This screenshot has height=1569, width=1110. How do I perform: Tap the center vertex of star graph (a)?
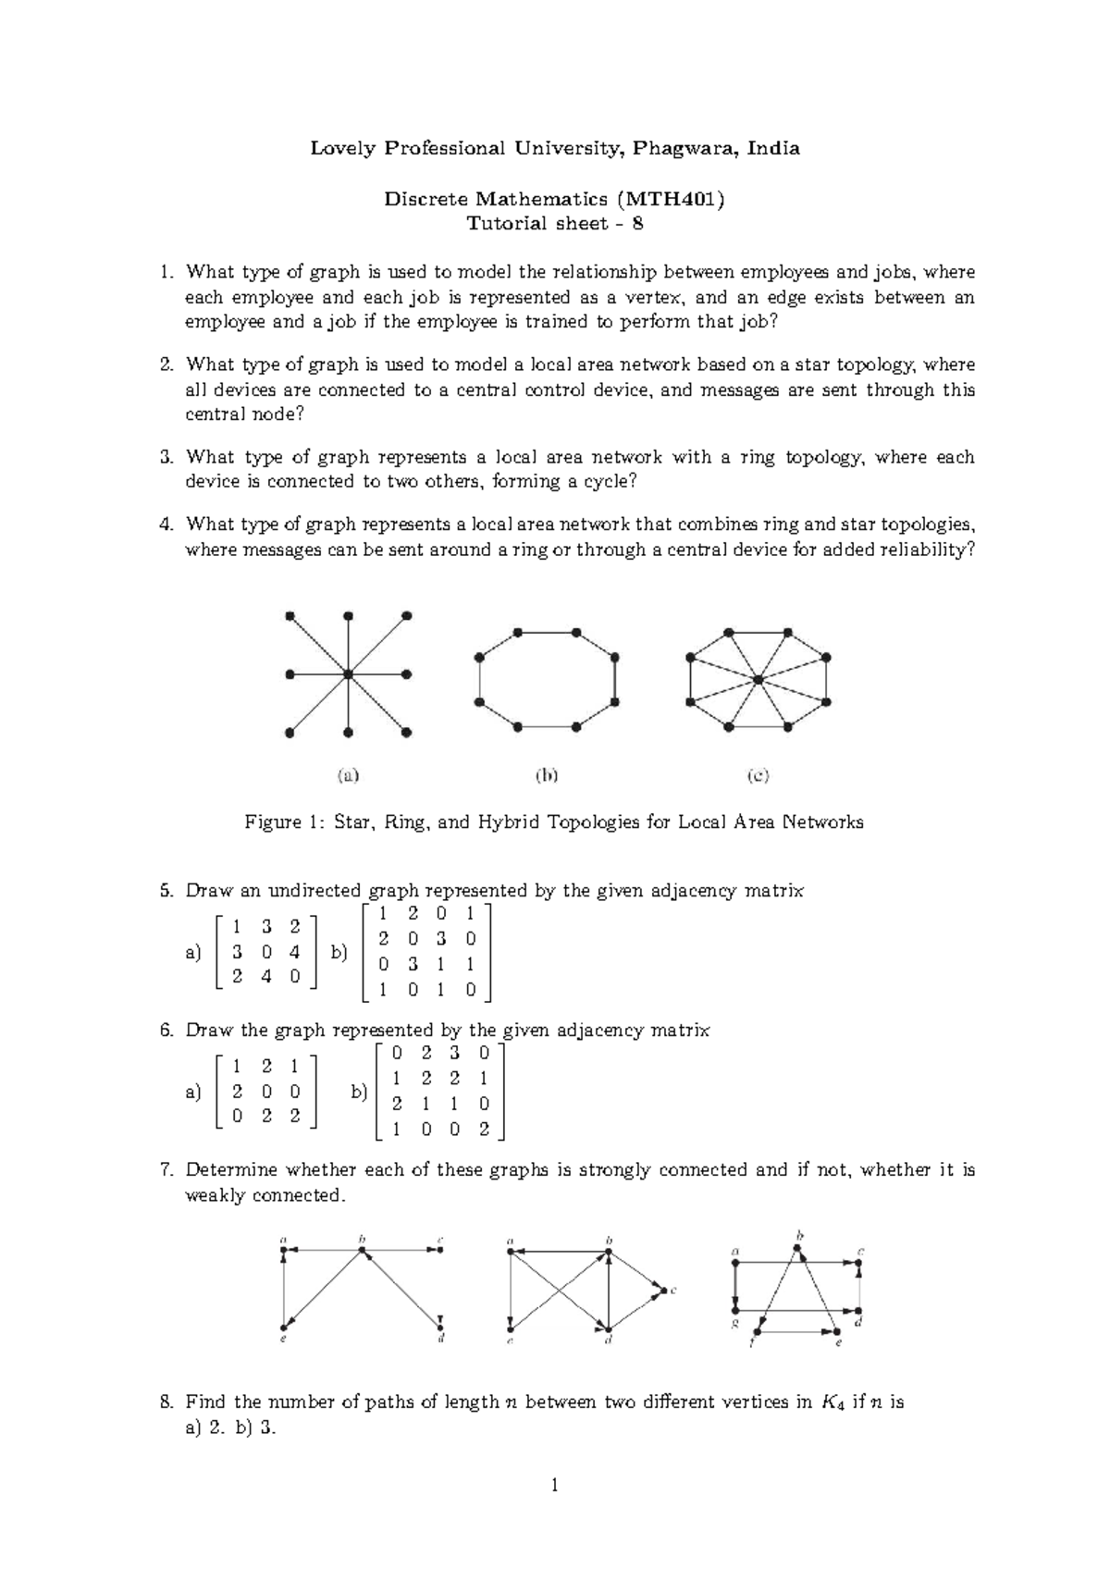click(x=348, y=674)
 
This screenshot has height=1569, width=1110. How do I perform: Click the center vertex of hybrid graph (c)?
click(x=758, y=681)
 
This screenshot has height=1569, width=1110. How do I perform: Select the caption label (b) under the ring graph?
click(x=548, y=776)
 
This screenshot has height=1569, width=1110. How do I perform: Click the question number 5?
click(x=166, y=891)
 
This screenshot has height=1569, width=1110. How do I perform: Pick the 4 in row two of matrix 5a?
click(x=294, y=950)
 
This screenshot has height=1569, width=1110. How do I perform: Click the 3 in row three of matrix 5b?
click(x=413, y=963)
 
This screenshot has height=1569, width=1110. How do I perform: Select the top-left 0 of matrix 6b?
click(x=397, y=1053)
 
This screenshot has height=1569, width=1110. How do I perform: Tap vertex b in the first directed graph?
click(x=362, y=1250)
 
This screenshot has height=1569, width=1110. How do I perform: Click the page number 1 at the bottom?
click(x=554, y=1487)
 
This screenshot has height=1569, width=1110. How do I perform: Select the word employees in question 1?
click(x=785, y=272)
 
